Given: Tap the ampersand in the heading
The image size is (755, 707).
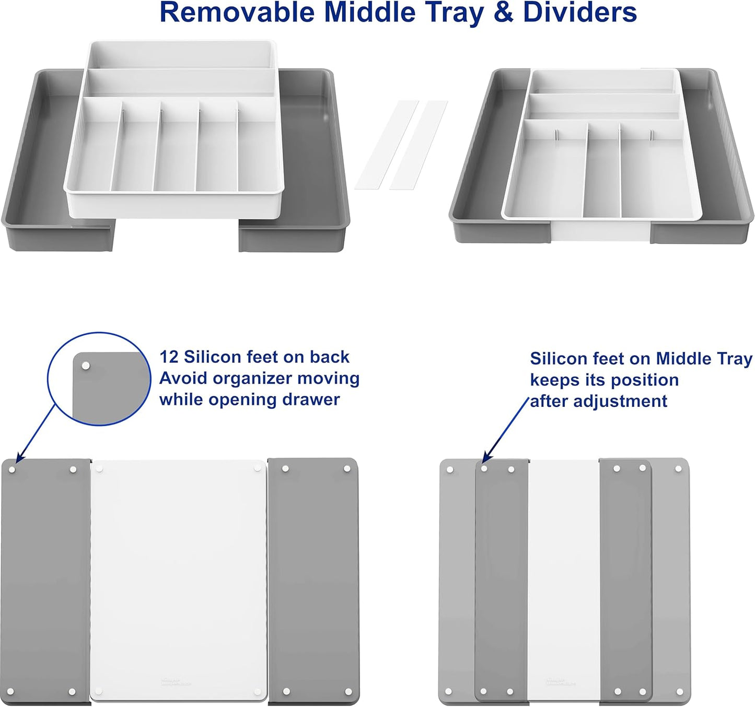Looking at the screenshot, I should tap(503, 13).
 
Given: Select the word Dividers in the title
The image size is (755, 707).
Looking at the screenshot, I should tap(580, 13).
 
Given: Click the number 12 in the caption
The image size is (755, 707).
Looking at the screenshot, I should tap(169, 357).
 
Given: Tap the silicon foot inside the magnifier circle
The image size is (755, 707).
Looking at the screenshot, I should tap(86, 366).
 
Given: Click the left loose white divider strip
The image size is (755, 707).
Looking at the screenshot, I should tap(387, 145).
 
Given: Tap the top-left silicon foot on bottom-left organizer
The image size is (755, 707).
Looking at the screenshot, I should tap(12, 469).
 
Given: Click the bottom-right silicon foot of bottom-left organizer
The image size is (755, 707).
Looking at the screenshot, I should tap(347, 692).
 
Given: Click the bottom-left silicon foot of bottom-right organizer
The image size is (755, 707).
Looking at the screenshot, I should tap(449, 692).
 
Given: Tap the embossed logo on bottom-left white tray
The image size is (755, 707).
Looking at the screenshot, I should tap(175, 681).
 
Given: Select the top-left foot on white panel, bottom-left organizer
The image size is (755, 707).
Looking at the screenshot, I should tap(100, 469).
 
